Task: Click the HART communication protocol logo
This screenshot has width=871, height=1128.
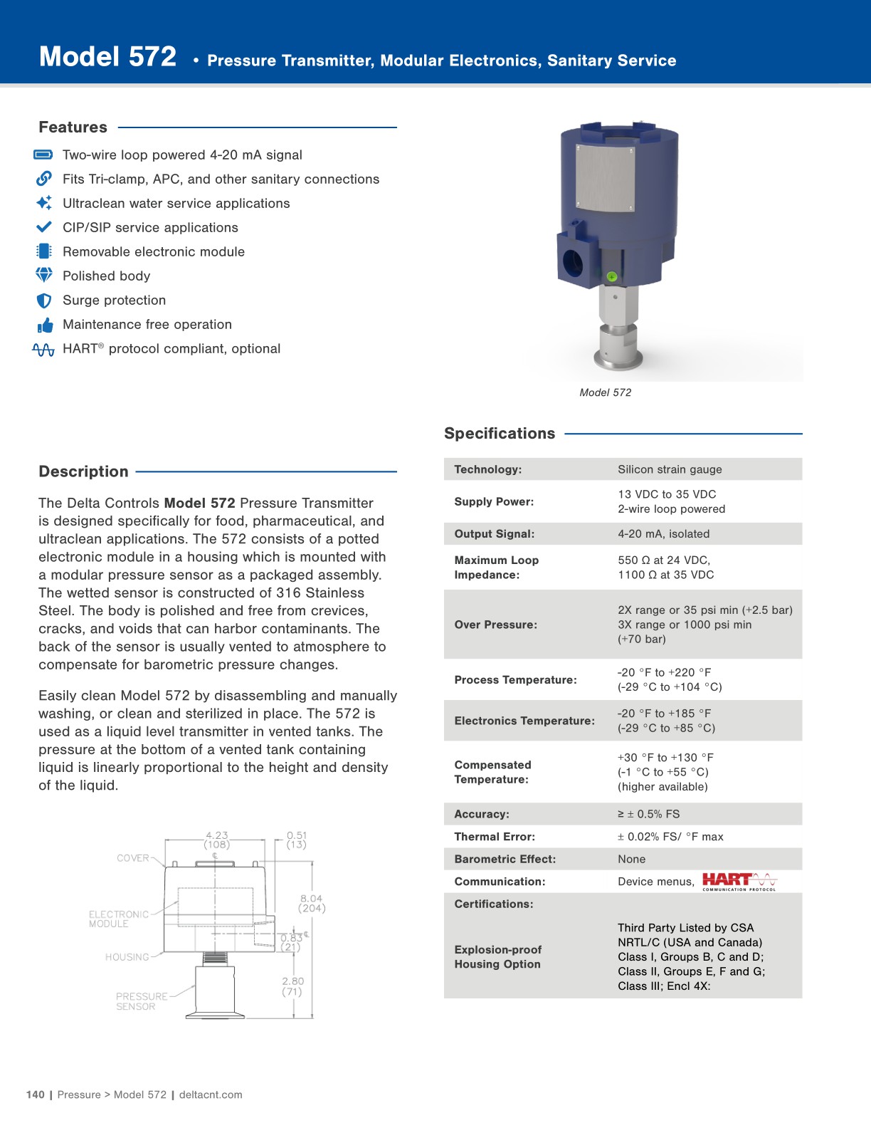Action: (739, 882)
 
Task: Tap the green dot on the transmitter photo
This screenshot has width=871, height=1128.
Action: (611, 276)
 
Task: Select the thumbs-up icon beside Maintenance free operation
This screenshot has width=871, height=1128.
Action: (45, 325)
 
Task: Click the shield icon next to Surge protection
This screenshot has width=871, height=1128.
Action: (44, 301)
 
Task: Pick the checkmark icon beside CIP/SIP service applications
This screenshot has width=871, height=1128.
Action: (44, 227)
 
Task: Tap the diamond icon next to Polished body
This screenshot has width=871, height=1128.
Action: (44, 275)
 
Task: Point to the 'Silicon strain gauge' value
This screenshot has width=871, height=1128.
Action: (670, 469)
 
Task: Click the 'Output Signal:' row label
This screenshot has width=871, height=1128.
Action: (495, 534)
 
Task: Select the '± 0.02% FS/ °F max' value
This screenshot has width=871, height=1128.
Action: (670, 837)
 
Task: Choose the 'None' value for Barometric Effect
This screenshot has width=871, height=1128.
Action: (631, 860)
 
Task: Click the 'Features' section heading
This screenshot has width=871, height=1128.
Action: (73, 127)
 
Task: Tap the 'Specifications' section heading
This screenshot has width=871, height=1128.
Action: (500, 434)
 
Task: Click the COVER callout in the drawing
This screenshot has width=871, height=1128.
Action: (133, 858)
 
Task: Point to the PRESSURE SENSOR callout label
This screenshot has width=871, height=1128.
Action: (141, 1001)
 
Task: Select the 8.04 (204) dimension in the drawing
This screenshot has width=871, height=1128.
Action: (312, 903)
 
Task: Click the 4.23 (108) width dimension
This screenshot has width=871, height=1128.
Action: (217, 840)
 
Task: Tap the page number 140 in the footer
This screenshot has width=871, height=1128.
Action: (35, 1095)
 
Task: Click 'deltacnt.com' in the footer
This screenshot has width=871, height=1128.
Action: (211, 1095)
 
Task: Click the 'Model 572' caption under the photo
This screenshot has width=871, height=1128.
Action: (605, 392)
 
